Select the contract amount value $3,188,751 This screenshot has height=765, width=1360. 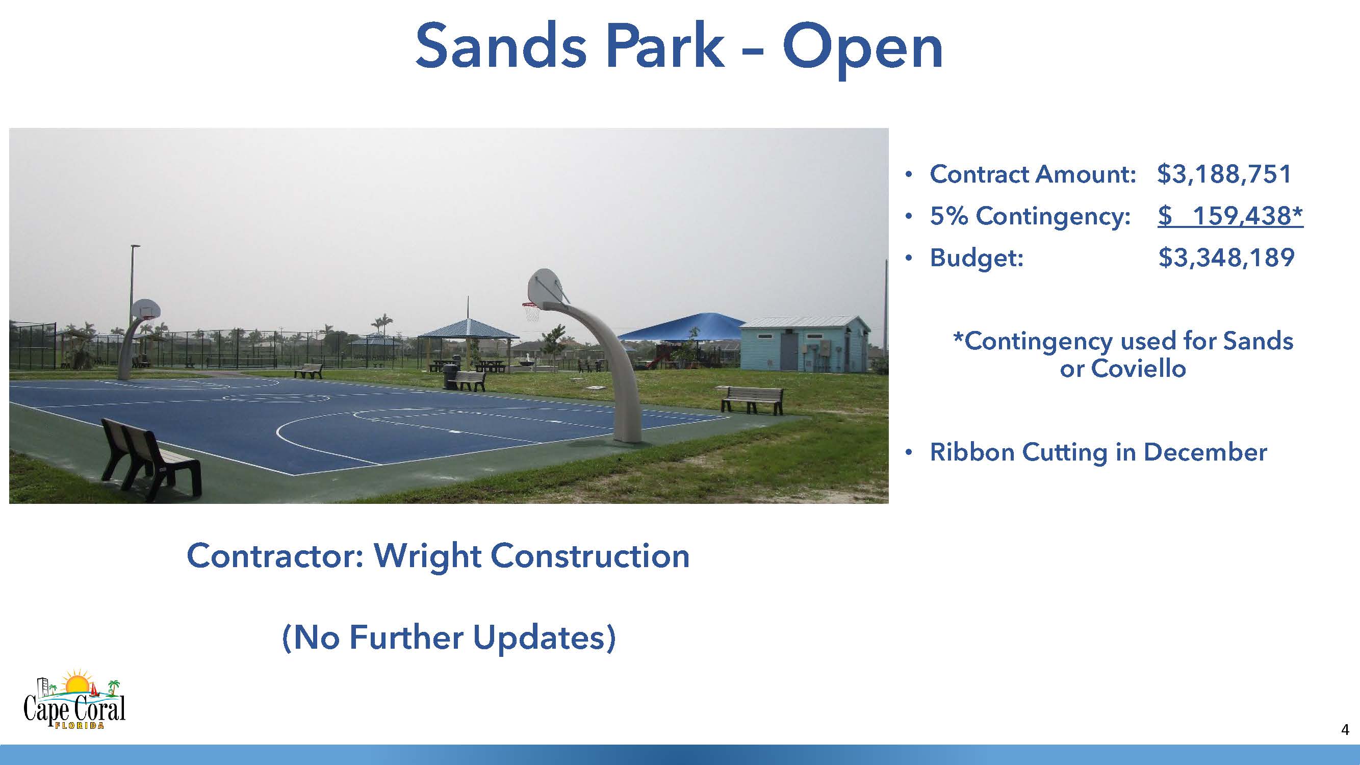pyautogui.click(x=1224, y=174)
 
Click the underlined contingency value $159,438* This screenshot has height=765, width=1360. pyautogui.click(x=1230, y=216)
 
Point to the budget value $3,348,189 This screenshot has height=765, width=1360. pyautogui.click(x=1226, y=258)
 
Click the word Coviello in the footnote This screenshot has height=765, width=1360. pyautogui.click(x=1138, y=369)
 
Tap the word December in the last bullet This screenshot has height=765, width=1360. pyautogui.click(x=1205, y=452)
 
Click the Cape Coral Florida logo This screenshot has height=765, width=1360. pyautogui.click(x=74, y=699)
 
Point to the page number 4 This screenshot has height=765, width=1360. pyautogui.click(x=1345, y=730)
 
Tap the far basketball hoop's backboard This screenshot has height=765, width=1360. pyautogui.click(x=145, y=309)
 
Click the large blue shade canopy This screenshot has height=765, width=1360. pyautogui.click(x=682, y=327)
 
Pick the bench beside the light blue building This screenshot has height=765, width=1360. pyautogui.click(x=751, y=400)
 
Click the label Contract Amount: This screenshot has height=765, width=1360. pyautogui.click(x=1032, y=174)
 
